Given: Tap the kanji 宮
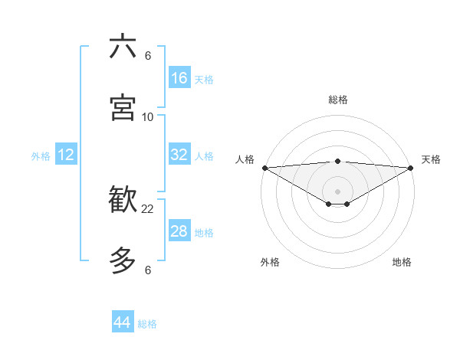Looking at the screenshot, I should click(123, 107).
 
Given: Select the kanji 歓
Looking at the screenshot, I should click(123, 200).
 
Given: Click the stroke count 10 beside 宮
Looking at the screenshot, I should click(148, 116).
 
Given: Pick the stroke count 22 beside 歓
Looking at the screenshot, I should click(148, 208).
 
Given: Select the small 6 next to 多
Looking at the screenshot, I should click(148, 270).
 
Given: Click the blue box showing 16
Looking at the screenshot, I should click(179, 78).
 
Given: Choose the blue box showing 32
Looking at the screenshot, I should click(179, 155).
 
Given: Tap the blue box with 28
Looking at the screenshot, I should click(179, 231).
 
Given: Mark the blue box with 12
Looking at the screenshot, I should click(66, 155).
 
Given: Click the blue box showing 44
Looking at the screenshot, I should click(123, 322).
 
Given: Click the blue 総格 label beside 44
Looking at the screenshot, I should click(147, 324).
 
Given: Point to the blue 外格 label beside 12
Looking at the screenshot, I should click(41, 156).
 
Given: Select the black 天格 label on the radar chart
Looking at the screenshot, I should click(431, 159).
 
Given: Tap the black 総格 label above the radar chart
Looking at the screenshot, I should click(337, 100).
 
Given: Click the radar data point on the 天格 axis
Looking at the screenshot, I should click(411, 167).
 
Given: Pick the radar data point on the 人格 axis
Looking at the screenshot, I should click(264, 167).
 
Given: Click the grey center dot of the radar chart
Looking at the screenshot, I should click(337, 191).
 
